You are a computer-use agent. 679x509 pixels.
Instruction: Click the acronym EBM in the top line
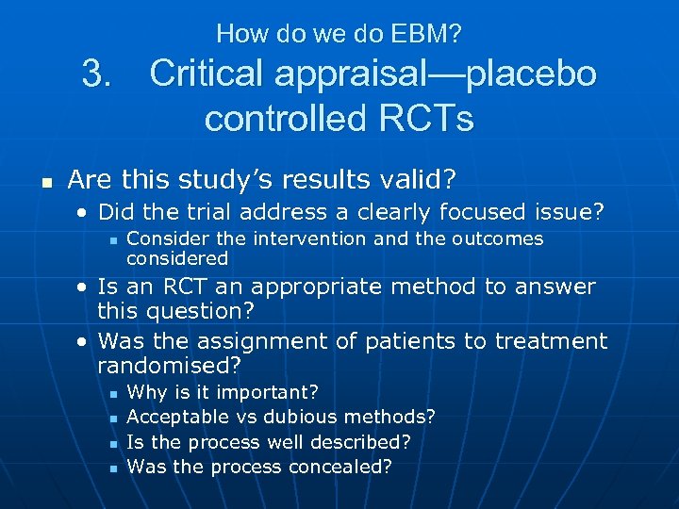429,35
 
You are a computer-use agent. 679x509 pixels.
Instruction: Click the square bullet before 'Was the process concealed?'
111,468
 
